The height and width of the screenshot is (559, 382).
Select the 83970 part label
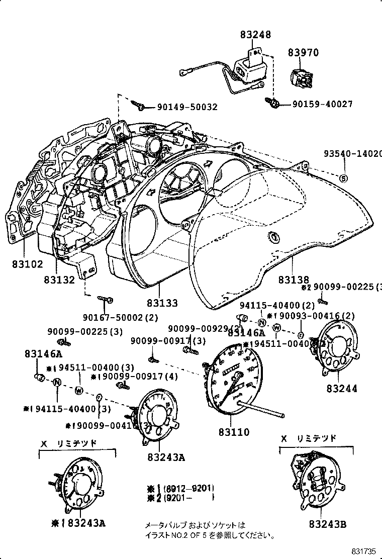tap(303, 52)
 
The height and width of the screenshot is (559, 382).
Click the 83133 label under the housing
tap(162, 303)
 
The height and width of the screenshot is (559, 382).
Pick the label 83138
tap(294, 279)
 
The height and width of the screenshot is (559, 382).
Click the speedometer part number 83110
tap(234, 432)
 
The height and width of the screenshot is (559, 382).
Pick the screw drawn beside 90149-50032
tap(139, 106)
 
